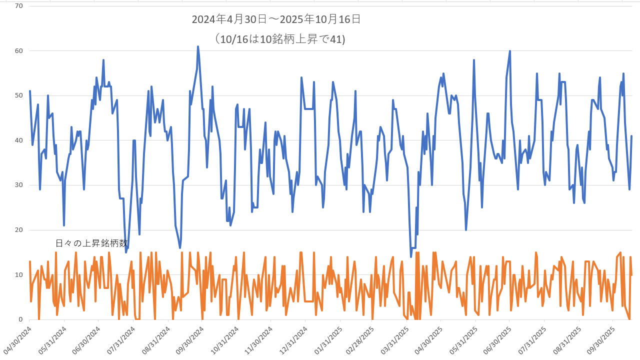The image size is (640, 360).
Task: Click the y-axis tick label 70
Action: pyautogui.click(x=19, y=6)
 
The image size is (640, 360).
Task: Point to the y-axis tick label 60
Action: pyautogui.click(x=19, y=50)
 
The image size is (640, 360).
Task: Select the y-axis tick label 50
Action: pyautogui.click(x=19, y=95)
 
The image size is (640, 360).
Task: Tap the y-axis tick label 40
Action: pyautogui.click(x=19, y=140)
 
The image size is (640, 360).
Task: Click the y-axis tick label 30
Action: pyautogui.click(x=19, y=185)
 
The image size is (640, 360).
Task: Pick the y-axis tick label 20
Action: pyautogui.click(x=19, y=230)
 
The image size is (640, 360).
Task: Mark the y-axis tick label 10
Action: pyautogui.click(x=19, y=274)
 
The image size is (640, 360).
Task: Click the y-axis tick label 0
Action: pyautogui.click(x=20, y=319)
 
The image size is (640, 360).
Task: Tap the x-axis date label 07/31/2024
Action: pyautogui.click(x=120, y=340)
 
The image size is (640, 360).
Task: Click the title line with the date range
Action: pyautogui.click(x=276, y=20)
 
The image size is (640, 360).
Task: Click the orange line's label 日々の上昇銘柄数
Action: pyautogui.click(x=91, y=243)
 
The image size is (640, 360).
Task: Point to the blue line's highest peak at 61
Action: pyautogui.click(x=198, y=46)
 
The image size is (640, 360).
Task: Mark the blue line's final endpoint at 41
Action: pyautogui.click(x=631, y=136)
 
